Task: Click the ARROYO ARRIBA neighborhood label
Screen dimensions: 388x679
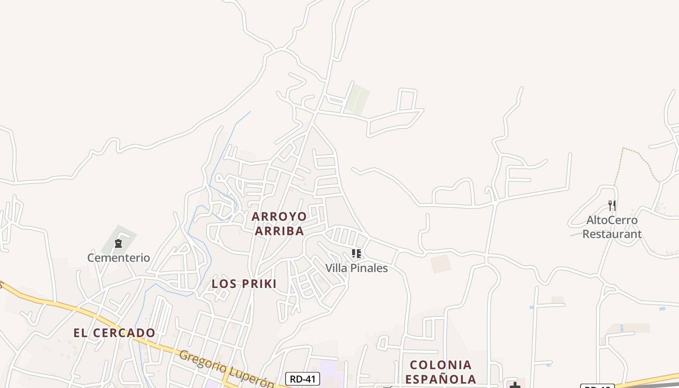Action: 279,224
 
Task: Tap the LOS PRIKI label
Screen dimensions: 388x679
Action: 244,284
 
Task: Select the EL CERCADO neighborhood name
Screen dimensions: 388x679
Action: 114,333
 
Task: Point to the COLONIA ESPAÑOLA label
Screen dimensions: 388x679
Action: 440,372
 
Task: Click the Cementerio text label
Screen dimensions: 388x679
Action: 118,258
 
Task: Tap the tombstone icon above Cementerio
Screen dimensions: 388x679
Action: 118,243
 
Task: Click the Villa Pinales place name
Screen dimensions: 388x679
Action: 356,268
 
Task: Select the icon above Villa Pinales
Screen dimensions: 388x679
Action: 356,254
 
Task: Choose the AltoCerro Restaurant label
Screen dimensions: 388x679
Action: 612,227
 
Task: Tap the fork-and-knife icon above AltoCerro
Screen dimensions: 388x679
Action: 612,206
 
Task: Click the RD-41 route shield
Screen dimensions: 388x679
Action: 303,379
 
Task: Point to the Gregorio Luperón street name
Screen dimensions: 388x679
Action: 226,369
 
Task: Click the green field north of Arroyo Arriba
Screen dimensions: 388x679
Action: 357,99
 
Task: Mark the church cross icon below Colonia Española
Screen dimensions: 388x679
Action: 515,385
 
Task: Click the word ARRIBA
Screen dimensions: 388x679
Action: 279,231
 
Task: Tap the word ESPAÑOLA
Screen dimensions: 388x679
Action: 440,379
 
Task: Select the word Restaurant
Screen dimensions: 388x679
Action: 612,234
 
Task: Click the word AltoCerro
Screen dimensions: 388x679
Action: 612,220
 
